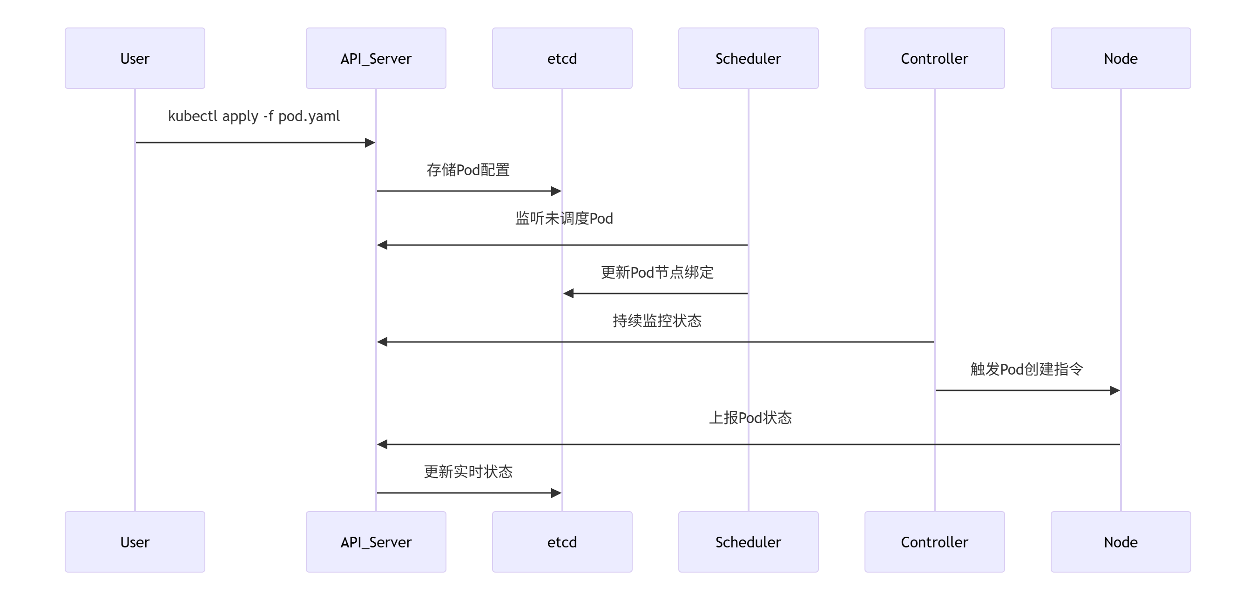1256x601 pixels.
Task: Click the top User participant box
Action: coord(135,58)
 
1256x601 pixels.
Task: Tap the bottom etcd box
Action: coord(562,541)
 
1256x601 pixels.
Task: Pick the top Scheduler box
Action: coord(748,58)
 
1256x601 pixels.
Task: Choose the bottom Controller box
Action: coord(934,541)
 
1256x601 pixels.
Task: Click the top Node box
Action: coord(1121,58)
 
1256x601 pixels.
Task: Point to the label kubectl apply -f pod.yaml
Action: coord(254,116)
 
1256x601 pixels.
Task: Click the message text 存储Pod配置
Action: coord(468,170)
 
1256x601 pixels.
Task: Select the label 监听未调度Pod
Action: coord(564,218)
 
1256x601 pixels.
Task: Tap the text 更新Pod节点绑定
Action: coord(657,272)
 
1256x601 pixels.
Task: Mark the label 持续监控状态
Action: coord(657,321)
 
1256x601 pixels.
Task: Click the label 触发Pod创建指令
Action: coord(1026,369)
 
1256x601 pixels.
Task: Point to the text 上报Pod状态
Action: coord(750,417)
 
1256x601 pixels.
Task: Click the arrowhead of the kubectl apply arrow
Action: coord(370,143)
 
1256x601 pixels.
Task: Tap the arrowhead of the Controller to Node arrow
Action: coord(1114,390)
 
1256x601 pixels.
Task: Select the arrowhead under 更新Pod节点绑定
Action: coord(568,293)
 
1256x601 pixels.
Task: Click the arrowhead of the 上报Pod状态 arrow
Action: coord(382,444)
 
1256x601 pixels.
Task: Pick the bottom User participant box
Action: coord(135,541)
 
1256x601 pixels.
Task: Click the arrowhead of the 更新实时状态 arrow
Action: coord(556,493)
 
